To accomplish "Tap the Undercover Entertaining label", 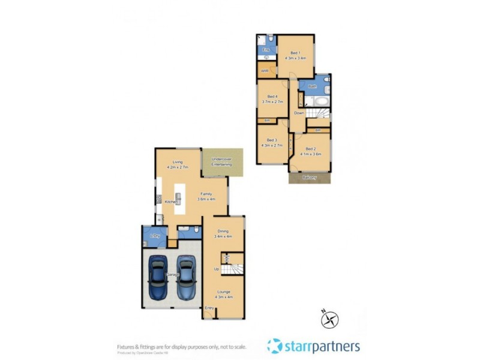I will (x=223, y=161).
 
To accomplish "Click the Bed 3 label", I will (x=272, y=140).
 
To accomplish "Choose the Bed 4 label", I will (x=272, y=97).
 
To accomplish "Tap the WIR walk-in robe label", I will (x=264, y=71).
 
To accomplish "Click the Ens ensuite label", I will (x=266, y=50).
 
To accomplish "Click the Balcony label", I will (x=310, y=178).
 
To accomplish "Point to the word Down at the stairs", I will (x=299, y=113).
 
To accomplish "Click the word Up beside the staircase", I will (x=216, y=269).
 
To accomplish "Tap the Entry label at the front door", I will (x=209, y=308).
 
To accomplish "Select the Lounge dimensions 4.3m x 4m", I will (x=224, y=297).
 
